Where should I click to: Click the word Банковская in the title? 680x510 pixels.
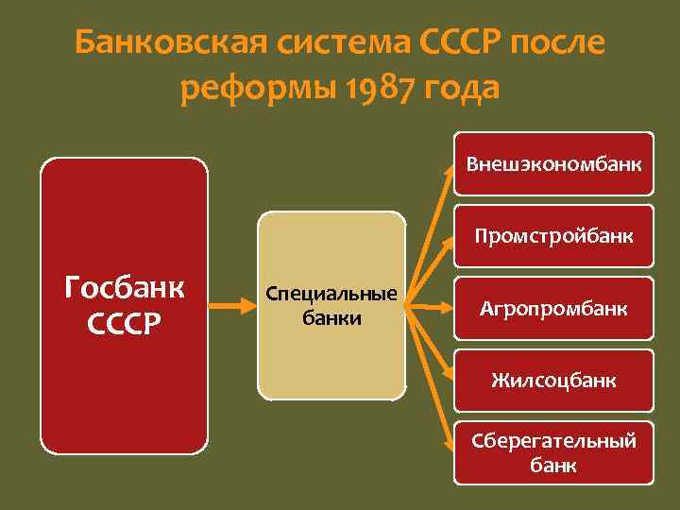pos(165,42)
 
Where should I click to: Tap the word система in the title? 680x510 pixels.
pos(323,42)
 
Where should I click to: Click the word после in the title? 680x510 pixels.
pos(556,42)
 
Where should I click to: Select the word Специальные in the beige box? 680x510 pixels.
pos(331,294)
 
